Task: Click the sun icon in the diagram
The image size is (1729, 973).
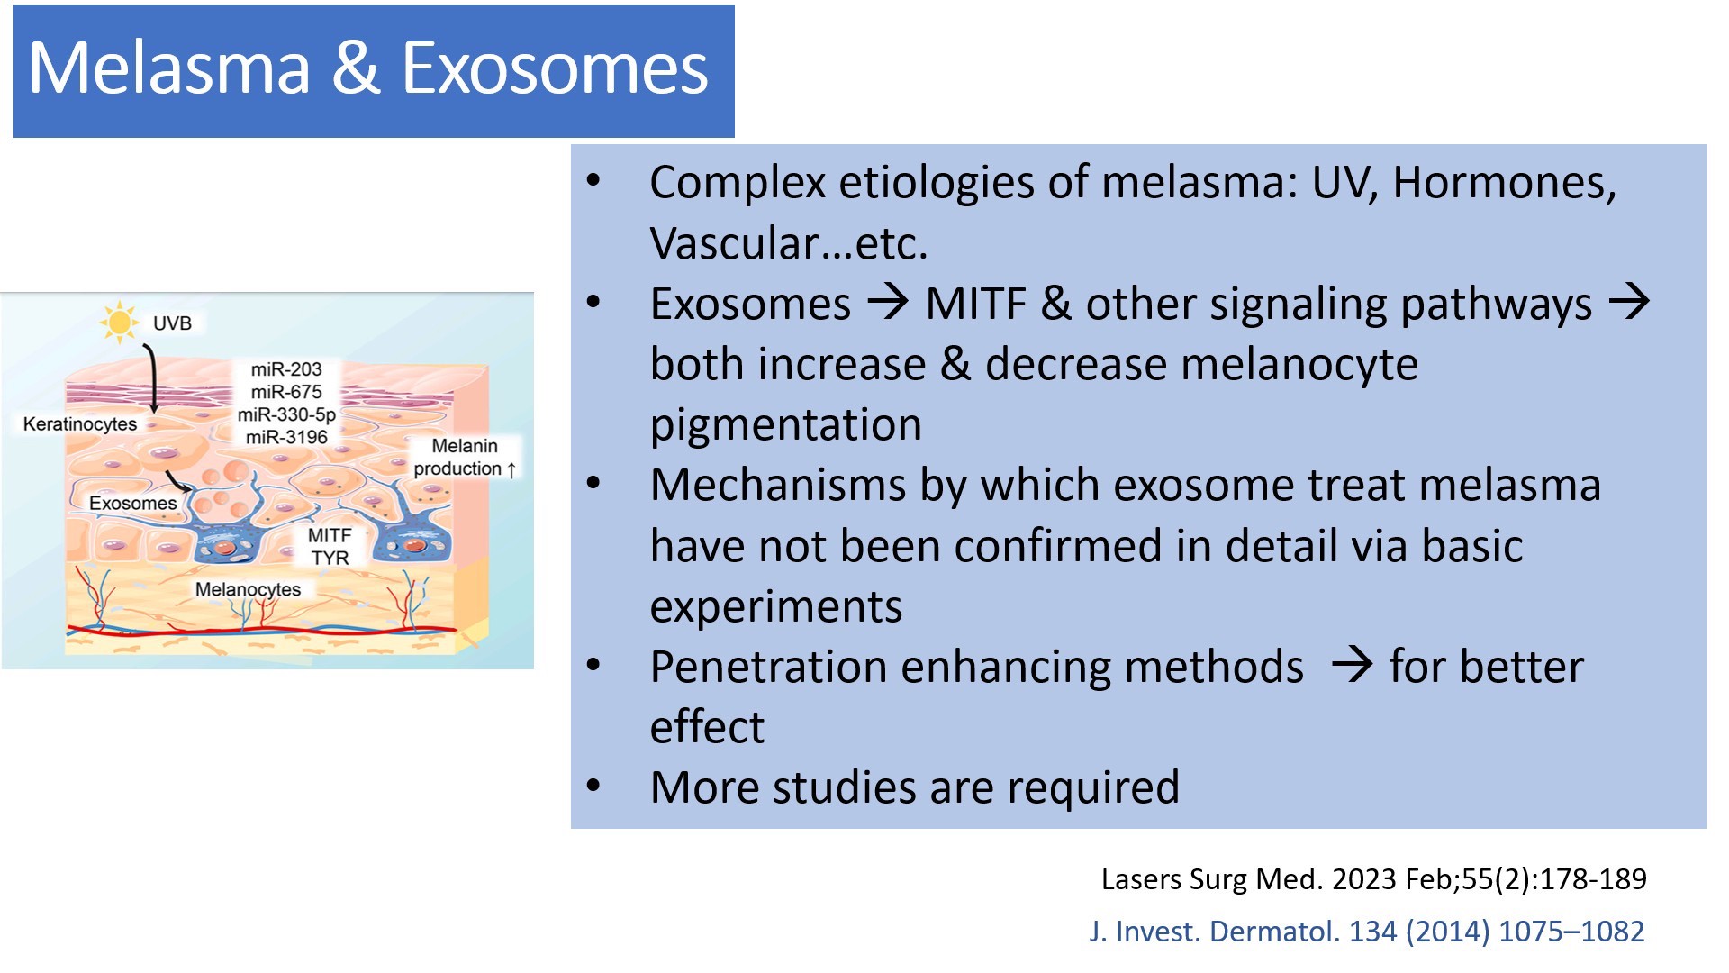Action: click(x=119, y=323)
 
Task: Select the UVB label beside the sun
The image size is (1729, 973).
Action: click(x=172, y=323)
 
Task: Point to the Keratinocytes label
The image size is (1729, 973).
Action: click(x=80, y=424)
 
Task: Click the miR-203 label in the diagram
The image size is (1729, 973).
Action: click(x=286, y=369)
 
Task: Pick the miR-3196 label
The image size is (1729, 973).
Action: click(x=286, y=437)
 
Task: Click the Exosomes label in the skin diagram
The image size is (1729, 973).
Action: click(x=133, y=504)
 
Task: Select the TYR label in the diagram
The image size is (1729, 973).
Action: click(x=330, y=559)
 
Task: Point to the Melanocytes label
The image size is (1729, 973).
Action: click(x=249, y=590)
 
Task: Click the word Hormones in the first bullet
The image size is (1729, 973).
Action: click(x=1504, y=183)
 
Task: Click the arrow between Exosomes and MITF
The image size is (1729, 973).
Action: click(x=888, y=302)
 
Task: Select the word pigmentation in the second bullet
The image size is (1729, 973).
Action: click(x=785, y=424)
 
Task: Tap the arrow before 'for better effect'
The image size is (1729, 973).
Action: click(x=1352, y=666)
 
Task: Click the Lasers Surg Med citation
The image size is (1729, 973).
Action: click(x=1373, y=879)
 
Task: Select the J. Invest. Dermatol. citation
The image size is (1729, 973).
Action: click(x=1366, y=932)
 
